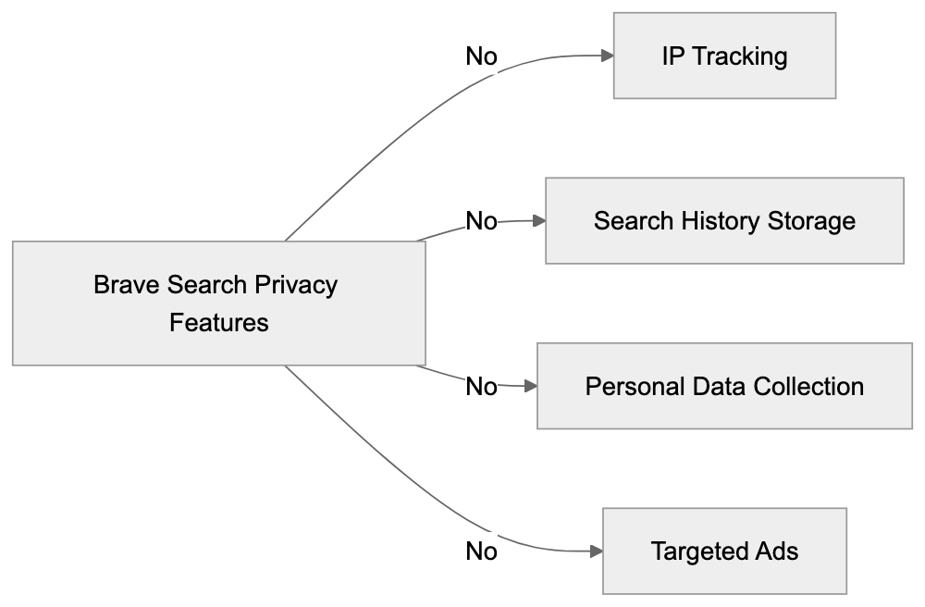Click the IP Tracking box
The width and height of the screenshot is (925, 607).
[724, 56]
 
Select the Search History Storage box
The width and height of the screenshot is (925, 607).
[724, 221]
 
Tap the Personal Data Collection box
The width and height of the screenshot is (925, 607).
[724, 386]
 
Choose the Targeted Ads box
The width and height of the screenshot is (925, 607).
[724, 551]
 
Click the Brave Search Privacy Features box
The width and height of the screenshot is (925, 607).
[218, 303]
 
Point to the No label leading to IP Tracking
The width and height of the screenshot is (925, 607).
[481, 56]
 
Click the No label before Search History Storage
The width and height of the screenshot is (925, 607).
[481, 221]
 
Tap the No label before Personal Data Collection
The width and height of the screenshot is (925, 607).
[481, 386]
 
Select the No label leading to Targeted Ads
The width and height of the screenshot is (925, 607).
[481, 551]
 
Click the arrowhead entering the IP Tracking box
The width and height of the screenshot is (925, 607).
[607, 56]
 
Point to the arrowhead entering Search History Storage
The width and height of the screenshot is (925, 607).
[539, 221]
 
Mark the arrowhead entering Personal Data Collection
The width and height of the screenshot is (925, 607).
[531, 386]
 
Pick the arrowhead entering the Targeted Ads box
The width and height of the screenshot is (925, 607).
[597, 551]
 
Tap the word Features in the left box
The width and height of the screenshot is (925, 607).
[219, 323]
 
